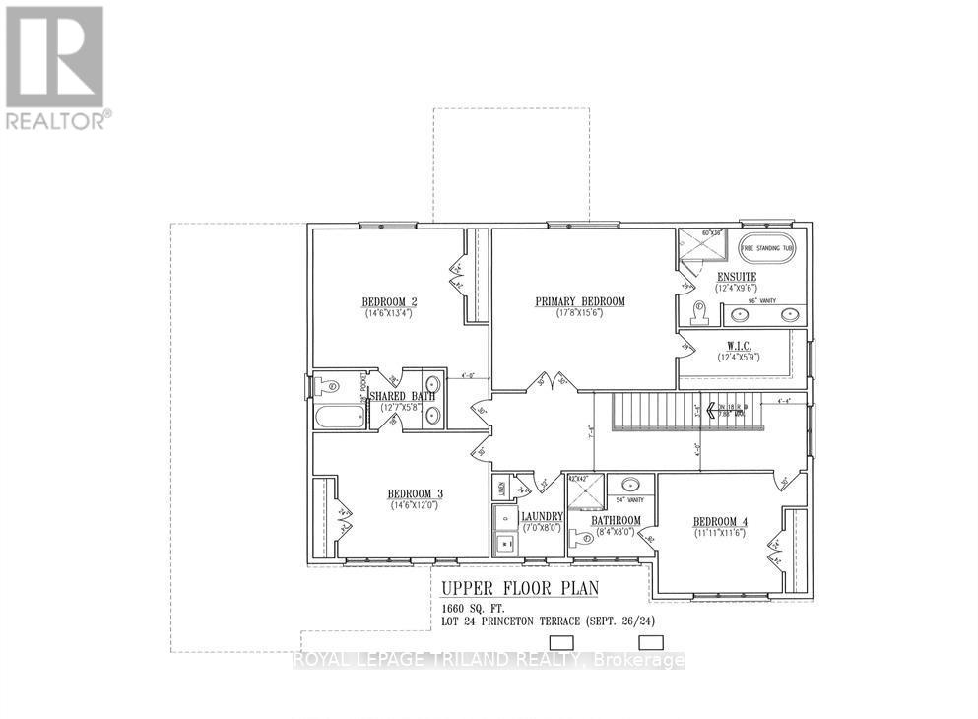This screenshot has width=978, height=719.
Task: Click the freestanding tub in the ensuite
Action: [766, 249]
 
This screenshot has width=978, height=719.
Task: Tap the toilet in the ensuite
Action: [698, 312]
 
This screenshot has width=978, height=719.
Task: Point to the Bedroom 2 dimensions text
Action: [388, 312]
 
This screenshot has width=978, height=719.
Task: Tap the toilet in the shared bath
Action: [328, 386]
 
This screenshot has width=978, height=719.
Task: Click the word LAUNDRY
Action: [542, 516]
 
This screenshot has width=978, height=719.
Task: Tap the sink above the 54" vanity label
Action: [629, 485]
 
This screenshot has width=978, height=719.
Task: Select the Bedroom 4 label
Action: [722, 522]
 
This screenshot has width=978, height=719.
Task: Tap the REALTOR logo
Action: [55, 67]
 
